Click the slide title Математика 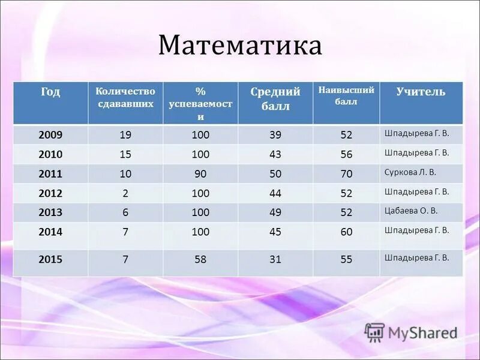[240, 46]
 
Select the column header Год [50, 92]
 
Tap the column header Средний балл [275, 99]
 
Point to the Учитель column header [421, 91]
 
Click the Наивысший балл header [346, 95]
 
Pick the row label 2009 [50, 135]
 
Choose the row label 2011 [50, 174]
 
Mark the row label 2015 [50, 260]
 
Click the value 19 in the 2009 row [125, 135]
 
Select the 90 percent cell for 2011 [200, 174]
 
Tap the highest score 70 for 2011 [346, 174]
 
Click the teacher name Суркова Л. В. [410, 172]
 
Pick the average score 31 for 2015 [275, 260]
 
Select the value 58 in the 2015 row [200, 260]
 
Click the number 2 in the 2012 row [125, 193]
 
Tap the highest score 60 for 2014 [346, 232]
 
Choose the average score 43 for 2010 [275, 154]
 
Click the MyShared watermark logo [411, 332]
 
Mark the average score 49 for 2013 [275, 212]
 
